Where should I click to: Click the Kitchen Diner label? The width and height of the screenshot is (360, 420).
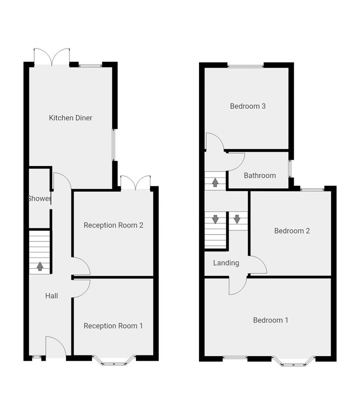[70, 118]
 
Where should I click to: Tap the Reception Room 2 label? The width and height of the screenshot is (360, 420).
[114, 225]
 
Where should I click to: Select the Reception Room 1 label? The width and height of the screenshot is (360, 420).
[113, 326]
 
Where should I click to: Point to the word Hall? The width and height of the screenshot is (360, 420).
[51, 296]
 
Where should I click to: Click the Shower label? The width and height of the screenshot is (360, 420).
[39, 199]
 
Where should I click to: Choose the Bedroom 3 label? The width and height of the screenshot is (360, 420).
[248, 106]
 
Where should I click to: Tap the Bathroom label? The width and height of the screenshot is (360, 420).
[260, 176]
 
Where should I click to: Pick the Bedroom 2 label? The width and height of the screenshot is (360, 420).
[292, 231]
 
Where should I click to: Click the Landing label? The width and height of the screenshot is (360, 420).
[226, 263]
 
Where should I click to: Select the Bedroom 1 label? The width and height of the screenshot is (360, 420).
[271, 320]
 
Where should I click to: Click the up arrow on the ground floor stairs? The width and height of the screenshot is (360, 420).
[40, 266]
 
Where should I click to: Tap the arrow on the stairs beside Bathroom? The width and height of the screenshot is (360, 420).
[215, 182]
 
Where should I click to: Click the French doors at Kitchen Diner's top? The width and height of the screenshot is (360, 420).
[52, 57]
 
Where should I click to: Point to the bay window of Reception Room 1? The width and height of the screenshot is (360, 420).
[114, 361]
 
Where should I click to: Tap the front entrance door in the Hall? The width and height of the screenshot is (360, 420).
[55, 347]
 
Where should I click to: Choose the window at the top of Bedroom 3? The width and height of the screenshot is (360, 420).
[245, 65]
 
